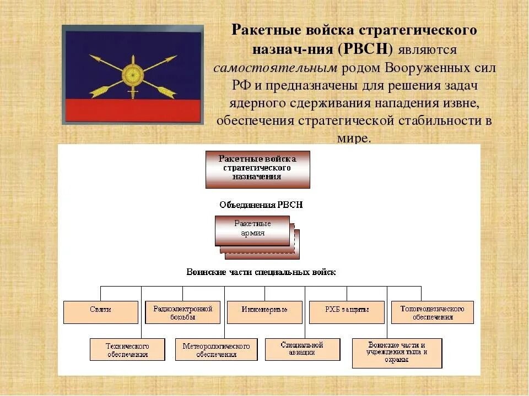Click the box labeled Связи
[100, 312]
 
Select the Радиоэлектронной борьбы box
[182, 312]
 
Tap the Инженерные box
[264, 312]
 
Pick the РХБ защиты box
[347, 312]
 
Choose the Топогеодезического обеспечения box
[432, 312]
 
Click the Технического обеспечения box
[127, 349]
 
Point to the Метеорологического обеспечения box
[216, 349]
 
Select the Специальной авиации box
[301, 349]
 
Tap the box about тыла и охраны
[397, 353]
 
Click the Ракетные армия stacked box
[252, 230]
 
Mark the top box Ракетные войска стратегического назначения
[257, 169]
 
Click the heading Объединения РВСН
[261, 205]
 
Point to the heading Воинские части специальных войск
[261, 272]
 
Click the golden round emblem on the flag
[132, 73]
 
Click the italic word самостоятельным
[274, 68]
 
